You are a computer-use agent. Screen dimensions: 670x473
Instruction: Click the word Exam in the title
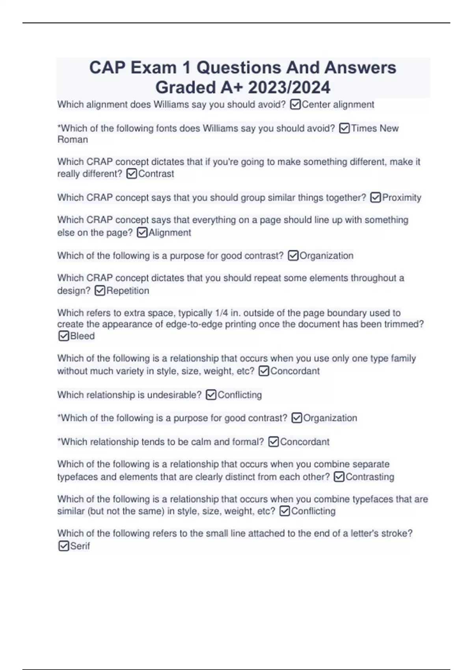[x=154, y=68]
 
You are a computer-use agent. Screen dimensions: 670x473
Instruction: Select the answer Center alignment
[x=338, y=104]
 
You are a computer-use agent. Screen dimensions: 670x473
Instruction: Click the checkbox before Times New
[x=344, y=128]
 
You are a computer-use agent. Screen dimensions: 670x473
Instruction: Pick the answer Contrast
[x=156, y=174]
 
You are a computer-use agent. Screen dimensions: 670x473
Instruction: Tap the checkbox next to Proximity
[x=376, y=197]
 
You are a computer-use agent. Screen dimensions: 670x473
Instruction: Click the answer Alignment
[x=169, y=233]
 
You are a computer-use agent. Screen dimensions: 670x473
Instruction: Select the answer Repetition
[x=128, y=291]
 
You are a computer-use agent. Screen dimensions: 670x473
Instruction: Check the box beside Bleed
[x=63, y=336]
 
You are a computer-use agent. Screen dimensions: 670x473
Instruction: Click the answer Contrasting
[x=370, y=477]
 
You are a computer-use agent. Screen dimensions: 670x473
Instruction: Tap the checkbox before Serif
[x=63, y=546]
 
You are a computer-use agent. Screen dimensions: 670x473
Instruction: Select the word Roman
[x=73, y=140]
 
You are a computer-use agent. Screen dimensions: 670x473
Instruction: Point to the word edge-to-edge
[x=194, y=324]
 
